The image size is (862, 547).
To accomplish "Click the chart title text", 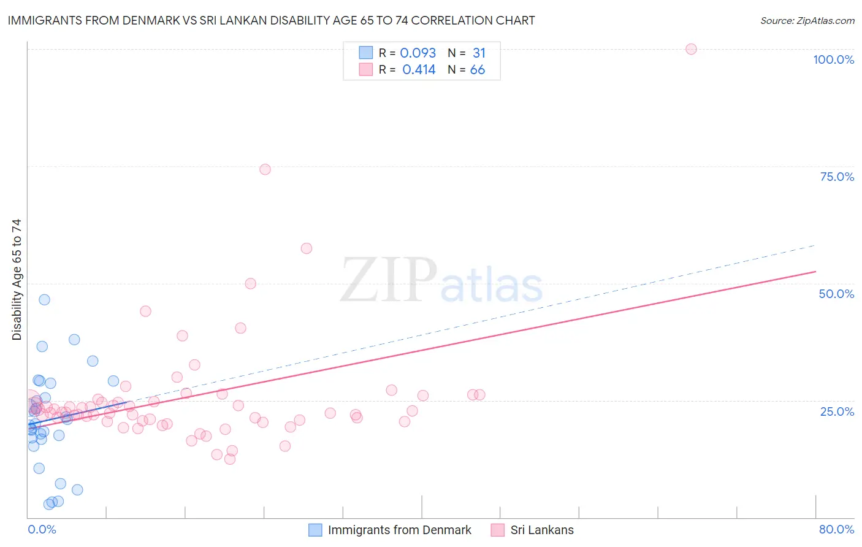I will pos(271,21).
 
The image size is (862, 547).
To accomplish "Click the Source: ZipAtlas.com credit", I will pos(807,21).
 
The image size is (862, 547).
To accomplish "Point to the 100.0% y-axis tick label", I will pos(833,59).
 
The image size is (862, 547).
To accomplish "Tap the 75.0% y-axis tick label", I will pos(837,177).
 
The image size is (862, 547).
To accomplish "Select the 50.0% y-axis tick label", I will pos(836,294).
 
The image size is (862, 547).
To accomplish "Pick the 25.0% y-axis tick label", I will pos(837,411).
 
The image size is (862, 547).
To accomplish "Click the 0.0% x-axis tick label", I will pos(42,529).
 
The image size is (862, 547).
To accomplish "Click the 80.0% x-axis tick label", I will pos(836,529).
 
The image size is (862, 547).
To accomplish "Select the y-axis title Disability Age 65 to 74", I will pos(17,280).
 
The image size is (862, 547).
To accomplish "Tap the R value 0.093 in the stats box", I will pos(418,53).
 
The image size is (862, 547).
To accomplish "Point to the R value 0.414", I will pos(419,70).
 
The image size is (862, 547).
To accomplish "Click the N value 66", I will pos(478,70).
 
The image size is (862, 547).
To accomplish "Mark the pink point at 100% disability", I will pos(691,49).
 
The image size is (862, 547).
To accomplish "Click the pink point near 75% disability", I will pos(265,169).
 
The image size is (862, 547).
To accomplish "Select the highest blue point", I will pos(44,300).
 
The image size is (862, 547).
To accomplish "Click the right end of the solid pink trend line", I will pos(815,271).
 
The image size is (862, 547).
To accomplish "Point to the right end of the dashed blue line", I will pos(814,245).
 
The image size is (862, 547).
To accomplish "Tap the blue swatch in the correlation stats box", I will pos(366,53).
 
